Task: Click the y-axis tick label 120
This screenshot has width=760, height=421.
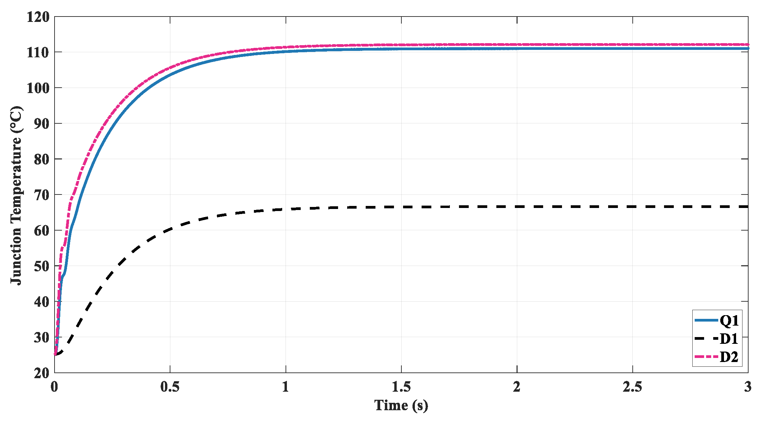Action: pyautogui.click(x=38, y=17)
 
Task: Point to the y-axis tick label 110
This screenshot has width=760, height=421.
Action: pyautogui.click(x=38, y=53)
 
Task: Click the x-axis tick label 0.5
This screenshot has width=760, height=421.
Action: pyautogui.click(x=170, y=387)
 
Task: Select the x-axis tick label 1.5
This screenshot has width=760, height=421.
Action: pyautogui.click(x=401, y=387)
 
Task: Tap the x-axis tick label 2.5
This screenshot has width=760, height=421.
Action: pyautogui.click(x=632, y=387)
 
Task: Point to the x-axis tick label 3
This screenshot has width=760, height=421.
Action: pyautogui.click(x=748, y=387)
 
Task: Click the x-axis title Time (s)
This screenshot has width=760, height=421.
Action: pyautogui.click(x=401, y=405)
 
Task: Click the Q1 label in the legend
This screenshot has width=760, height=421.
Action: pyautogui.click(x=729, y=320)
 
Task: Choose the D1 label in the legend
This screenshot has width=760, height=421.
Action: pyautogui.click(x=729, y=338)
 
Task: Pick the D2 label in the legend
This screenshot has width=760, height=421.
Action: pyautogui.click(x=729, y=357)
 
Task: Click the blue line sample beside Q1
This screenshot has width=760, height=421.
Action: pyautogui.click(x=706, y=320)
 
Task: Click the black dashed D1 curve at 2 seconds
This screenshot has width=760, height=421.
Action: pyautogui.click(x=517, y=207)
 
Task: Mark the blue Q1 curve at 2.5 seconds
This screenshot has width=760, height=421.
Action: pyautogui.click(x=632, y=49)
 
